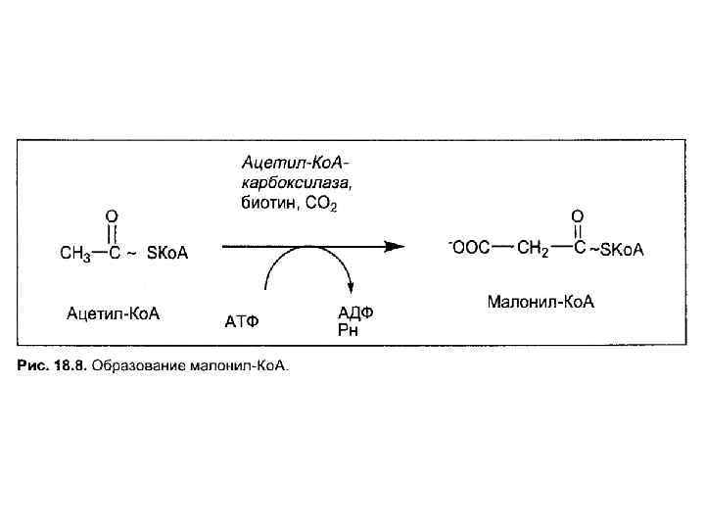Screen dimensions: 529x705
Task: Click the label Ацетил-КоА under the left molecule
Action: point(113,314)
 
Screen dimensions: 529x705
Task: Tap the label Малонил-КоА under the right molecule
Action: point(540,302)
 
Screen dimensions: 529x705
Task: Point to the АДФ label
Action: point(355,313)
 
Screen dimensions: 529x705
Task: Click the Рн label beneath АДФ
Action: point(348,330)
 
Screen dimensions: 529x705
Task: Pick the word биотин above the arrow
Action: point(263,203)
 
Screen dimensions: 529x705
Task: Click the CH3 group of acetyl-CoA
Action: point(75,254)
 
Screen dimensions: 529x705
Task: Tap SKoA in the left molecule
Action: point(166,254)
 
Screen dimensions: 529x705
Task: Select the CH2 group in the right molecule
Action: point(533,248)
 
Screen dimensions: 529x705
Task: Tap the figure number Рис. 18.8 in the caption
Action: point(51,366)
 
